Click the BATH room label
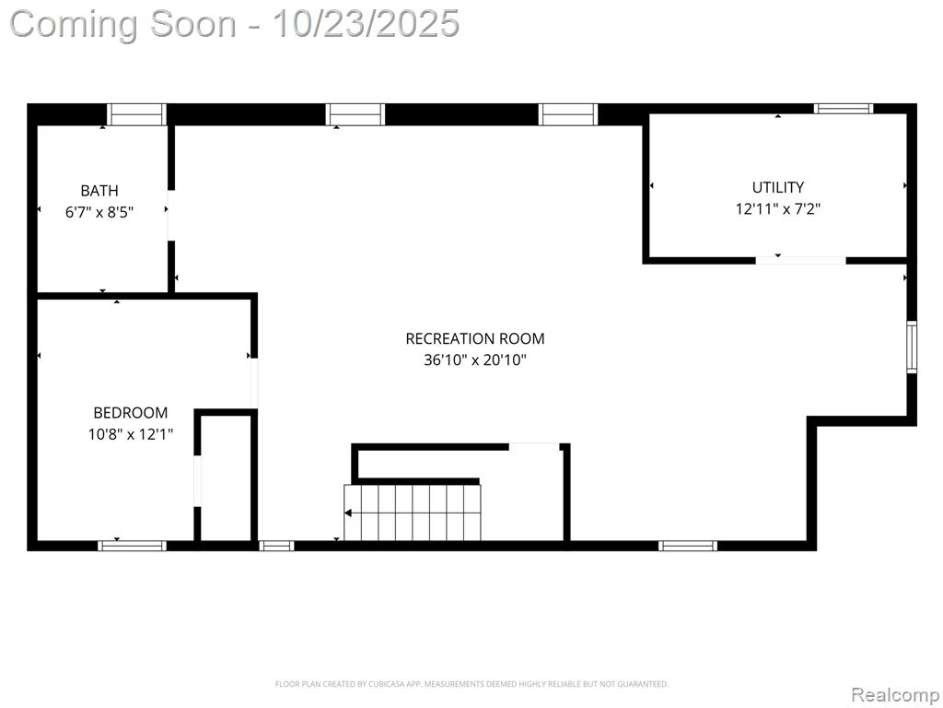coord(99,191)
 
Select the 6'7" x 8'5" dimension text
coord(99,212)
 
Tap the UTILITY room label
coord(777,187)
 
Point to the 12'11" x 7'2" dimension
coord(777,209)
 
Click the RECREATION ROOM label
coord(475,339)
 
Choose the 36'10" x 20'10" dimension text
coord(475,360)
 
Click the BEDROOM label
coord(131,413)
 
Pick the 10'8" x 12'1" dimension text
coord(131,434)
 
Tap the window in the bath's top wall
coord(136,114)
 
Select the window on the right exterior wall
coord(912,348)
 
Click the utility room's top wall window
coord(844,109)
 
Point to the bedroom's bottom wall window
coord(132,546)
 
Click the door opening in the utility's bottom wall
coord(800,261)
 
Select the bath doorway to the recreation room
coord(170,215)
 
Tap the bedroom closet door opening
coord(197,481)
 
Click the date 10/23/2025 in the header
coord(366,24)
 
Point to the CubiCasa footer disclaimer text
coord(471,684)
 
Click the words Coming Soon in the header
coord(123,24)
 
